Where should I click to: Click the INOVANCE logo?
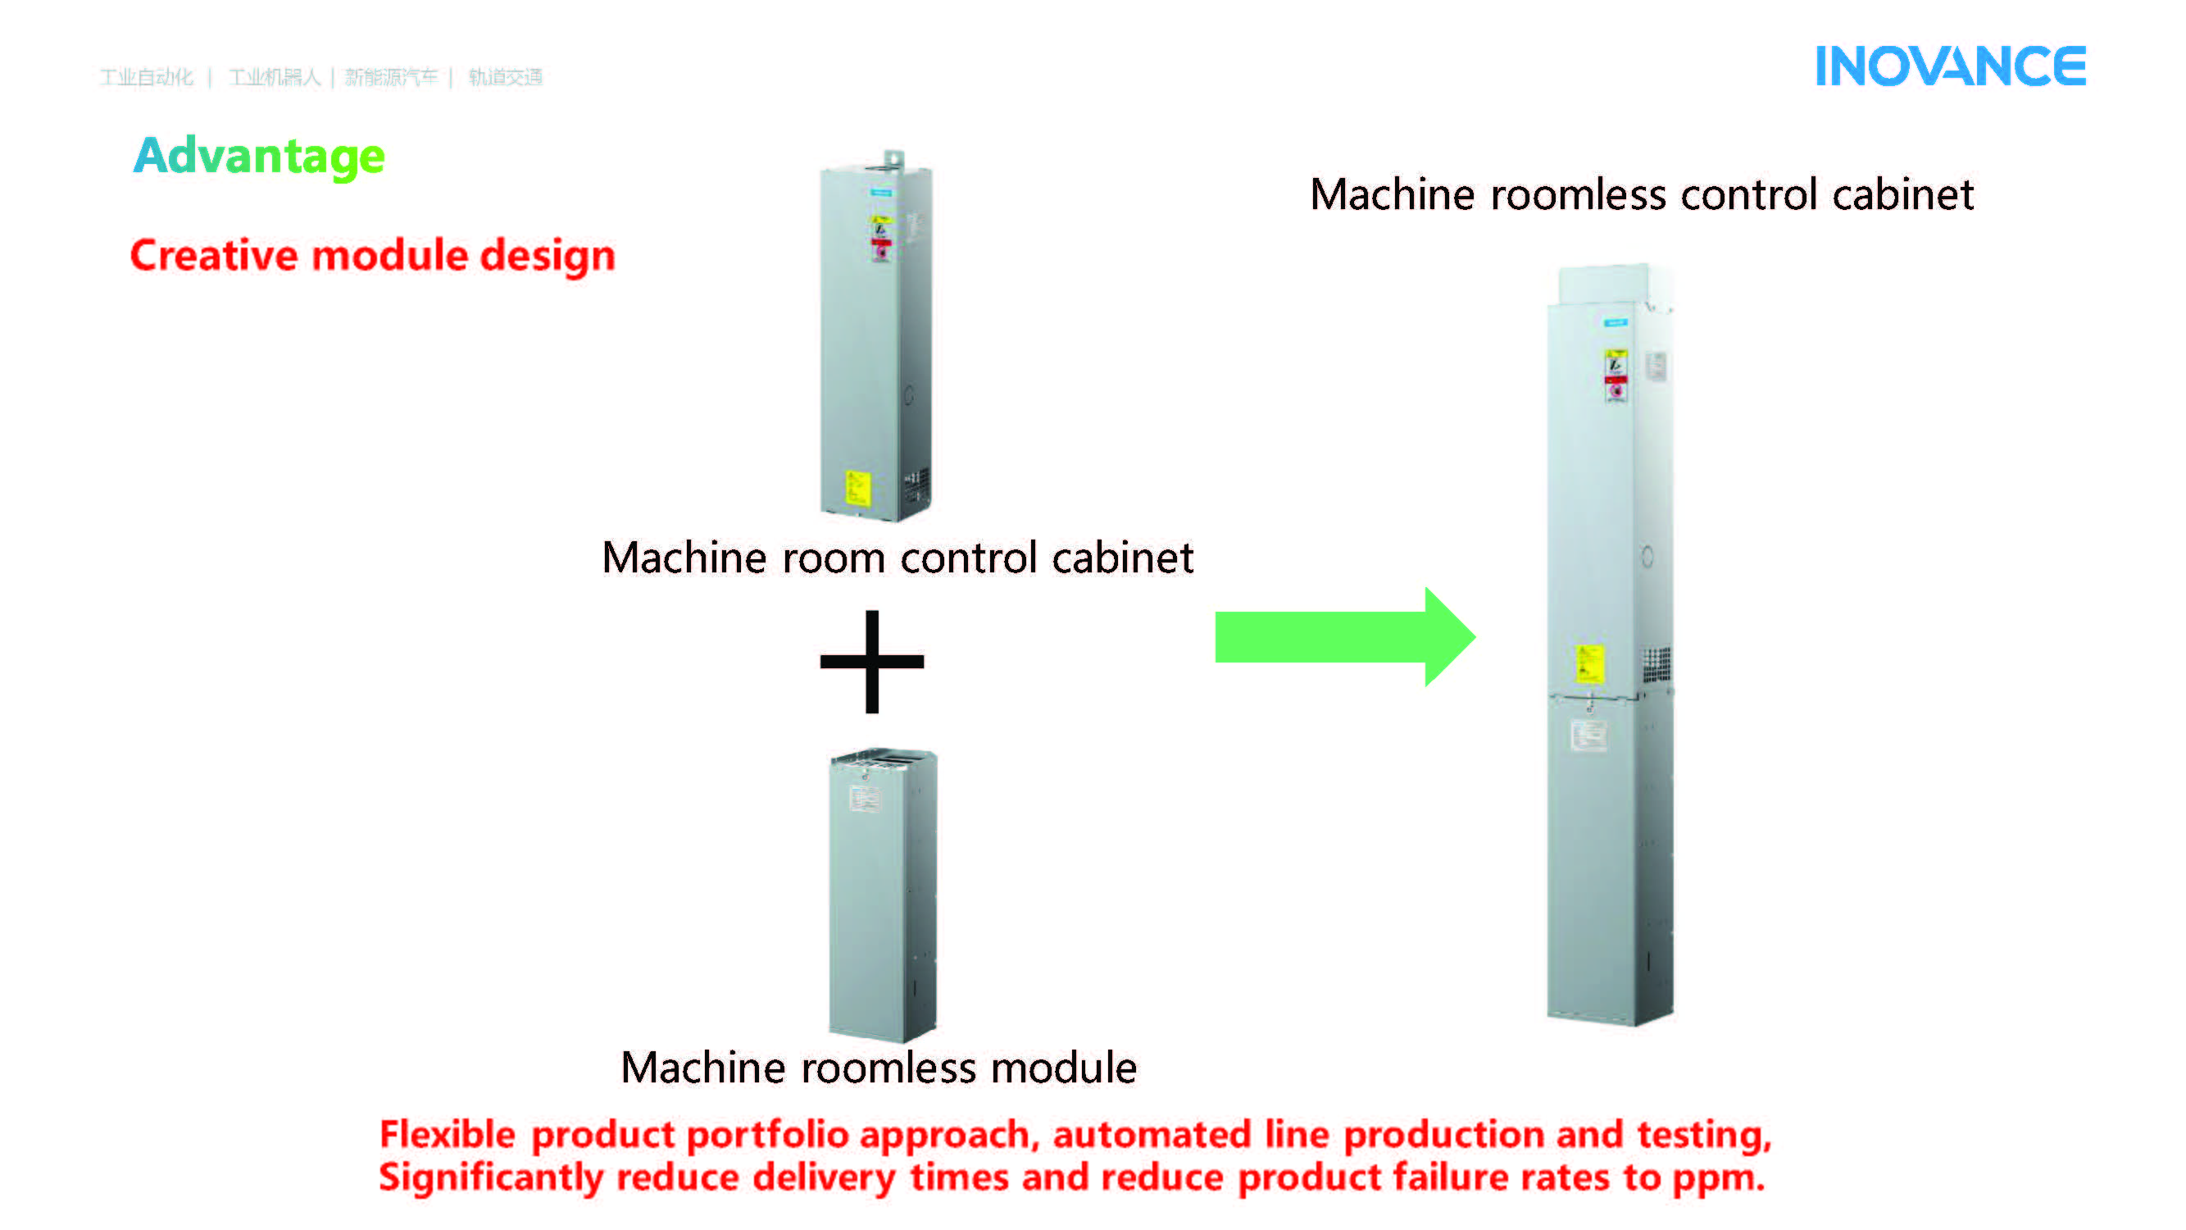click(1949, 67)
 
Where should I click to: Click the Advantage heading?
click(259, 156)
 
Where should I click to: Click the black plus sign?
click(871, 661)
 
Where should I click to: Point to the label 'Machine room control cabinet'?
click(897, 558)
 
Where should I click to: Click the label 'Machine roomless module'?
click(879, 1067)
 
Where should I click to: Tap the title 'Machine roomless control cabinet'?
click(1641, 194)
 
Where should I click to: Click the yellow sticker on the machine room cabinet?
click(857, 488)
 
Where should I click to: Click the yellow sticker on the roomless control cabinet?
click(1589, 663)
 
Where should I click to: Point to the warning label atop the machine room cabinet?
click(881, 237)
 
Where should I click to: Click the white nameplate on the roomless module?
click(865, 798)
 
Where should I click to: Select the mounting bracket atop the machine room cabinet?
click(893, 160)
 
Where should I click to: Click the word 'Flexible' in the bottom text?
click(448, 1134)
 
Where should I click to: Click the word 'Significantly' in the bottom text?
click(490, 1178)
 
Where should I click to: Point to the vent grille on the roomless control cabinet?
click(1656, 664)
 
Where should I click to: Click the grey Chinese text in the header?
click(320, 77)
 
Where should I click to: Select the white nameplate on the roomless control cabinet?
click(1588, 735)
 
